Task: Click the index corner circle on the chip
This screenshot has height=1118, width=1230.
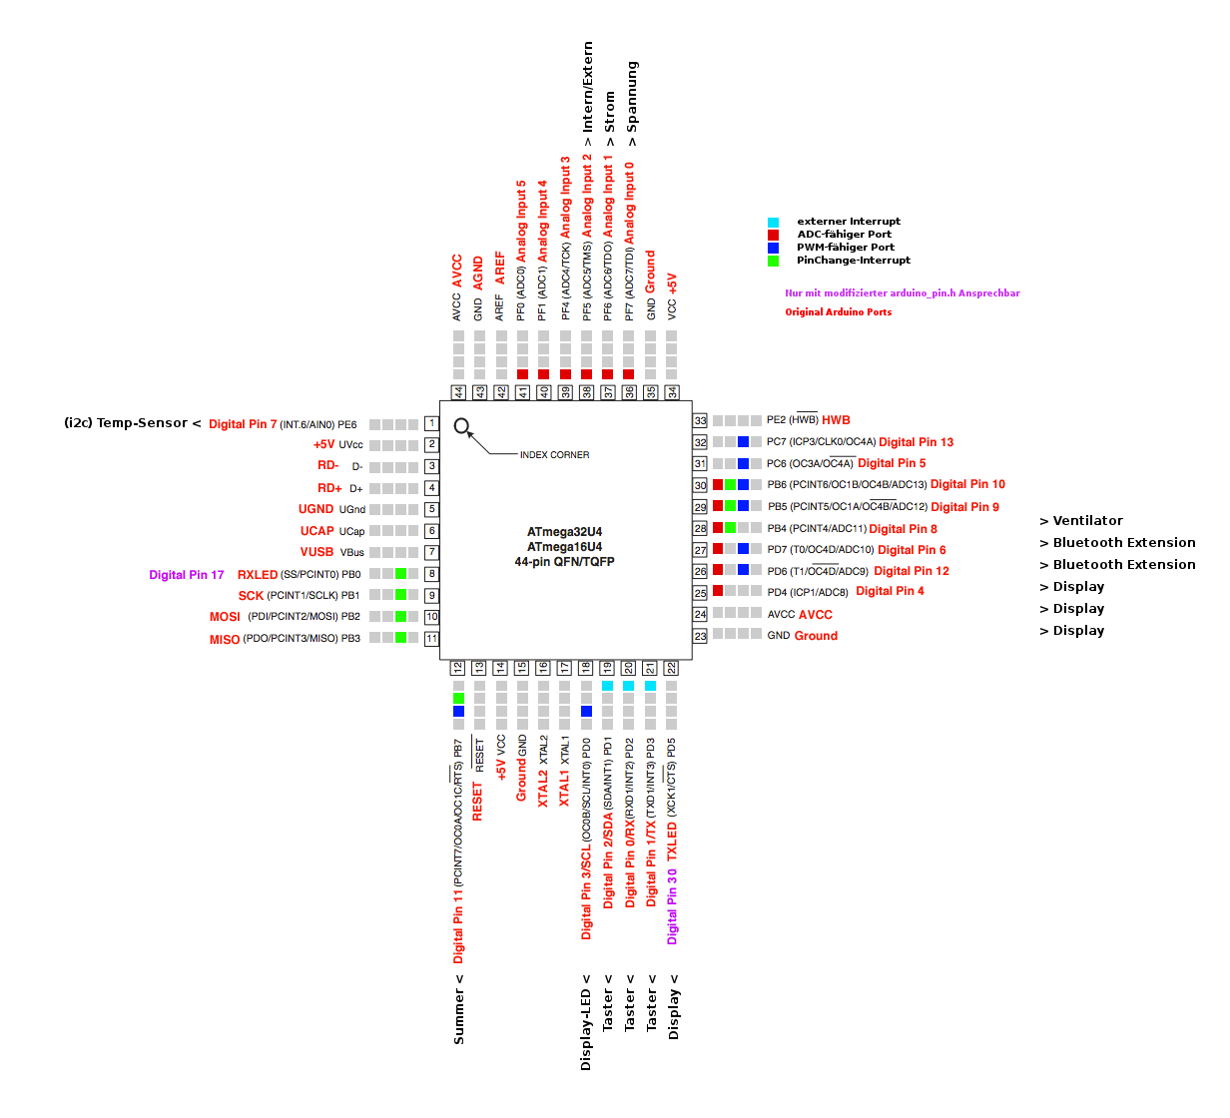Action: [461, 426]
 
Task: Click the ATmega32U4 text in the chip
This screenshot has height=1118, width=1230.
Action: [564, 532]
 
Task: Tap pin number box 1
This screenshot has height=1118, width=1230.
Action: [431, 423]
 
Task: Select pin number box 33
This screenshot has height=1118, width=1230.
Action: [700, 421]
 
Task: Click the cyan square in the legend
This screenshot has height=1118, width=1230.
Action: [773, 222]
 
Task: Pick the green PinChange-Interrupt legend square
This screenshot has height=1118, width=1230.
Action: [773, 261]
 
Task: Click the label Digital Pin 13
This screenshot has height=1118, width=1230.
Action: [916, 442]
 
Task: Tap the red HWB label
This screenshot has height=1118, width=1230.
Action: [836, 420]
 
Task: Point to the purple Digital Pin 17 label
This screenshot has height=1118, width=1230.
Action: [187, 575]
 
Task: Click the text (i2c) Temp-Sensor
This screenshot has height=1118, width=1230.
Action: [126, 423]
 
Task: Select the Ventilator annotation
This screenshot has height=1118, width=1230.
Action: [1081, 521]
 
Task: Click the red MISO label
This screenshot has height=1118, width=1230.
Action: [225, 640]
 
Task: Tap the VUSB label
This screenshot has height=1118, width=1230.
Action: [316, 552]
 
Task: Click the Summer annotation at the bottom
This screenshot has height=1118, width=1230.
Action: [459, 1010]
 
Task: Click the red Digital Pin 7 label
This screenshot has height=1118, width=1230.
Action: [243, 424]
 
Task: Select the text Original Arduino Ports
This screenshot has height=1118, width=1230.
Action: [838, 312]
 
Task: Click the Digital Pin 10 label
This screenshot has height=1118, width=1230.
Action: [967, 484]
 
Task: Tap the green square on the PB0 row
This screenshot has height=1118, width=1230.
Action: [400, 573]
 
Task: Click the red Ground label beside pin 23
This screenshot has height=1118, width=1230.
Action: [816, 636]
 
